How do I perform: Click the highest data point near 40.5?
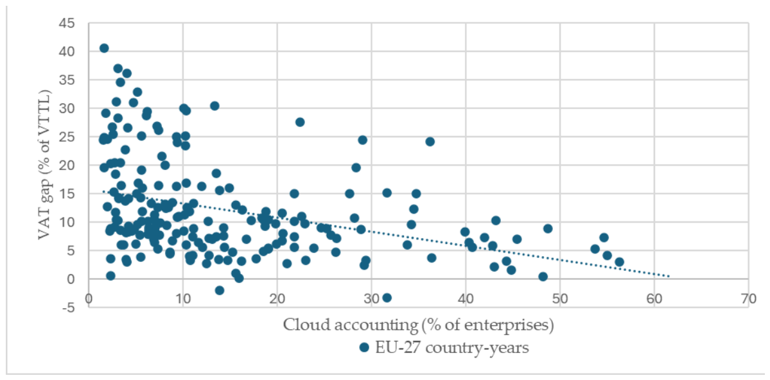pos(104,48)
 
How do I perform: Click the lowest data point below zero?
pos(387,298)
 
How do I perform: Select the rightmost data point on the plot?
pos(619,262)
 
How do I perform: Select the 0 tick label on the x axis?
pos(89,300)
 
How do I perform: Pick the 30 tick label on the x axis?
pos(371,300)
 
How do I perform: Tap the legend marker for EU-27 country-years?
pos(364,348)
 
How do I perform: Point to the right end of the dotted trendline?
pos(669,277)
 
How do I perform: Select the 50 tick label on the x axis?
pos(559,300)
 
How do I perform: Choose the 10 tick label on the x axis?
pos(182,300)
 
